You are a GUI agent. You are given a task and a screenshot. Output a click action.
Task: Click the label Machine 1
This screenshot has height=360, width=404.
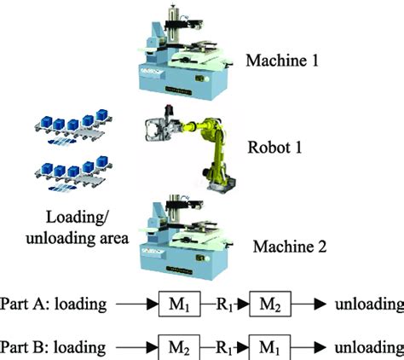pos(282,61)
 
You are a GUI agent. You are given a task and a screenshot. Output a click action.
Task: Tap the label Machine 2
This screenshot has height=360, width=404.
pos(290,247)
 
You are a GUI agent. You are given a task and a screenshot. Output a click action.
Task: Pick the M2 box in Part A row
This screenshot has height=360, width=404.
pos(271,304)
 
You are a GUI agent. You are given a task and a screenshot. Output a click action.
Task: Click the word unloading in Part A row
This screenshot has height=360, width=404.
pos(368,304)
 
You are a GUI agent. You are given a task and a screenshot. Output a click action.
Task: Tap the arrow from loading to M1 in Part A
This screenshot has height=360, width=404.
pos(137,304)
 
